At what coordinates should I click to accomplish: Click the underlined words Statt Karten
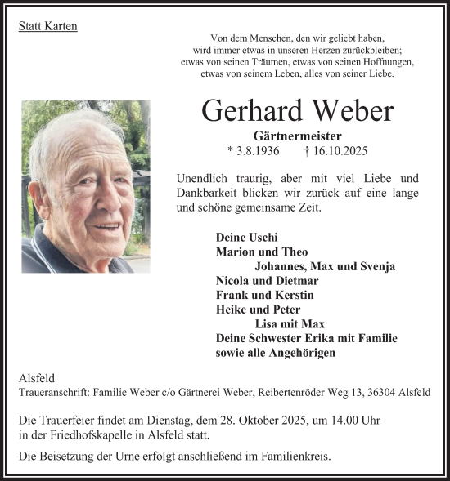pos(47,26)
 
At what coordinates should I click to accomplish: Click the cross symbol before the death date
pos(330,151)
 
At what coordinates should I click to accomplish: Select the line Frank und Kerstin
pos(264,296)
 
